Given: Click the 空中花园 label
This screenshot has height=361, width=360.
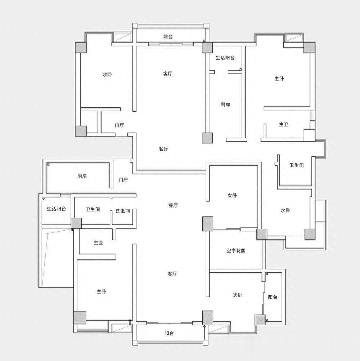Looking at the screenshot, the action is (236, 250).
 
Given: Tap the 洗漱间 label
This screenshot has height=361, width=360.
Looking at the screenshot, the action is (123, 211).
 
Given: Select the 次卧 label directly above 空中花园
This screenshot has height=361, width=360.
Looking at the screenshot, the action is (232, 195).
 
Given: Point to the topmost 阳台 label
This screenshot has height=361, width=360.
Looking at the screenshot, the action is (168, 36).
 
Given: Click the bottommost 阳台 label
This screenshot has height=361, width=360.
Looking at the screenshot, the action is (169, 333).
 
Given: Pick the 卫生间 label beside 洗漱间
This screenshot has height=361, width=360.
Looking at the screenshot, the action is (93, 209).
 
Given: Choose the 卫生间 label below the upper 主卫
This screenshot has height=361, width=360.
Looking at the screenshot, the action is (297, 165).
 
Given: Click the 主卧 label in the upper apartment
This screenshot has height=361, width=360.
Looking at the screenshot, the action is (279, 79).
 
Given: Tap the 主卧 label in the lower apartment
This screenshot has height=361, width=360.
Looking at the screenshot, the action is (102, 291).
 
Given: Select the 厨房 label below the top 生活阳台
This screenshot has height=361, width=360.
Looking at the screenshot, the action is (225, 104).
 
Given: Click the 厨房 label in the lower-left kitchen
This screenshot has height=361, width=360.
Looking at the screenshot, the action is (82, 176).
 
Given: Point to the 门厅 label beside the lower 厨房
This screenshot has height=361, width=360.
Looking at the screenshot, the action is (123, 180).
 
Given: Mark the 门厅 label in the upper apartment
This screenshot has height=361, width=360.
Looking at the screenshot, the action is (119, 125).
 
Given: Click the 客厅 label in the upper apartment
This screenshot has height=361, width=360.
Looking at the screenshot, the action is (168, 73).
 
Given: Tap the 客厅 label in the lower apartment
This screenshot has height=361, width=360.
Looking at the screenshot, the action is (172, 273).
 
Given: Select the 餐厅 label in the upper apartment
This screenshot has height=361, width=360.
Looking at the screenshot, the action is (164, 149).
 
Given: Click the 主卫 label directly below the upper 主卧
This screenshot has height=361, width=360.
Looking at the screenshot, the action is (284, 125).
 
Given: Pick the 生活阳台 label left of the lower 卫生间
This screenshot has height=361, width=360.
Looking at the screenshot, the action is (57, 209).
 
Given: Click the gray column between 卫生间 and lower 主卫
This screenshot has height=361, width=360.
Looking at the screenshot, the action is (76, 223).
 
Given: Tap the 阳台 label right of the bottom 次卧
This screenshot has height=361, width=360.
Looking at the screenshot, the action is (273, 297).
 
